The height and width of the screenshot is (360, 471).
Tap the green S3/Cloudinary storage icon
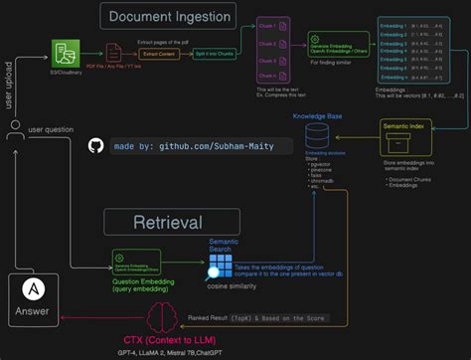(67, 53)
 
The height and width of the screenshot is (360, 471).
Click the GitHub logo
(95, 145)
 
